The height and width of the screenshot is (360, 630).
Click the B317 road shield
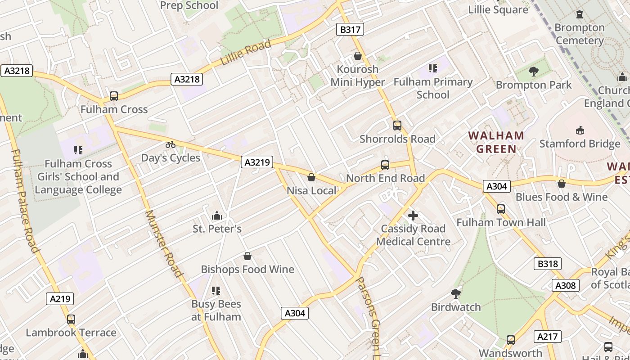click(350, 30)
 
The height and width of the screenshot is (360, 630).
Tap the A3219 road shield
click(257, 162)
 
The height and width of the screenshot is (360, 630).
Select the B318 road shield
click(548, 264)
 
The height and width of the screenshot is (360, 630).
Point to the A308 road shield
click(566, 285)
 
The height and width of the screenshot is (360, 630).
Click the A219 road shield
click(60, 298)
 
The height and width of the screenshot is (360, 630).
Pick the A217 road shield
click(548, 336)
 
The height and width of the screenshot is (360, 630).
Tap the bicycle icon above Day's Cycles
click(170, 144)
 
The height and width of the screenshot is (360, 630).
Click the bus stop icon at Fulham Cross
click(114, 96)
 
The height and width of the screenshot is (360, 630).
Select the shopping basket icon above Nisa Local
click(311, 177)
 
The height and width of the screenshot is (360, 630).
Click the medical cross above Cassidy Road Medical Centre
click(413, 216)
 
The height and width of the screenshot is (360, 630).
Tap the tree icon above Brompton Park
click(533, 71)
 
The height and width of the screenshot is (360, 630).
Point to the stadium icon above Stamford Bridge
click(580, 130)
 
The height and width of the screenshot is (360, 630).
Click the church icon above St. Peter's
click(217, 216)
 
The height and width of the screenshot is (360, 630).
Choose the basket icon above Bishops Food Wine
click(247, 256)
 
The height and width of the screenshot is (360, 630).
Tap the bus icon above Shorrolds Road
click(397, 126)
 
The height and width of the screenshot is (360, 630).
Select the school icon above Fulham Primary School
click(432, 68)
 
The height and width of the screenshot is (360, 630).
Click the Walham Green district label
click(496, 142)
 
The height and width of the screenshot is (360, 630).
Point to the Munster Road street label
click(164, 243)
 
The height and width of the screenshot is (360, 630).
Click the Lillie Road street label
click(246, 52)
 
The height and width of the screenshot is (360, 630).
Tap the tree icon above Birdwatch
click(456, 294)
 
